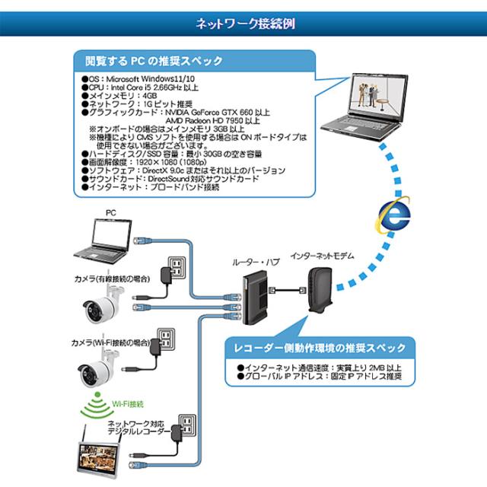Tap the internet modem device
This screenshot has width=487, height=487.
[x=319, y=292]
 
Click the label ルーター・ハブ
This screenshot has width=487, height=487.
[x=256, y=262]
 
